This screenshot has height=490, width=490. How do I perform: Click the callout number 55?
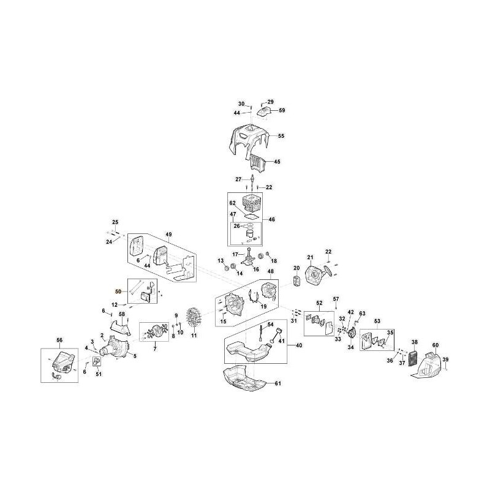click(281, 136)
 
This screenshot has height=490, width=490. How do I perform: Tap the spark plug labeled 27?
click(252, 179)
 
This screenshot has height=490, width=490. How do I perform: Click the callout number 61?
click(278, 383)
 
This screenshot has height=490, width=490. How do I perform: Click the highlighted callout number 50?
click(118, 292)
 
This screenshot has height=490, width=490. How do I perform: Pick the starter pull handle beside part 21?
click(329, 269)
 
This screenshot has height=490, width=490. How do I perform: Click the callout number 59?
click(282, 110)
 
